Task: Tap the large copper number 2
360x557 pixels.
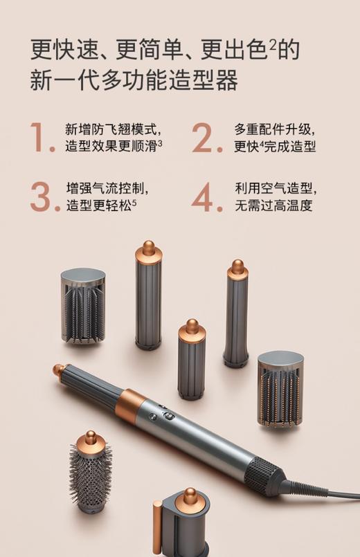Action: point(206,138)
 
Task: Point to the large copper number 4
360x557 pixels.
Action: point(206,197)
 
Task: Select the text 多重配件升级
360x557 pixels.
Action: point(275,129)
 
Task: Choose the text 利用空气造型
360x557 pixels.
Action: point(275,188)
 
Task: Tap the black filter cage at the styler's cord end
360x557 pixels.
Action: point(267,474)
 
